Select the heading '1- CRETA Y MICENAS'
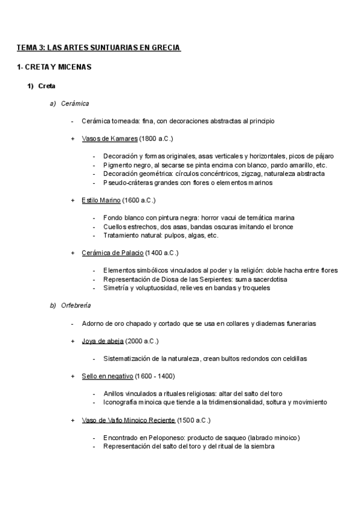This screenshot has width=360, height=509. (x=54, y=67)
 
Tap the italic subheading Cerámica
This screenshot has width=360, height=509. (x=75, y=103)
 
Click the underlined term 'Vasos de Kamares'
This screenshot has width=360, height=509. (x=109, y=139)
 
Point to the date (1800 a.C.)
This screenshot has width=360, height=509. (x=155, y=139)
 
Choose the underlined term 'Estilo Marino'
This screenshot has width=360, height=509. (x=101, y=200)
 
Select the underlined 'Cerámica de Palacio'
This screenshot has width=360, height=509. (x=112, y=253)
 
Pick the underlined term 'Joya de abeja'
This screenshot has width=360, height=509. (x=103, y=341)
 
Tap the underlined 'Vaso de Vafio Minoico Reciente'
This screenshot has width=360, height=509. (x=128, y=420)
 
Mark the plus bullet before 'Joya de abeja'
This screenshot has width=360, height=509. (x=73, y=341)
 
